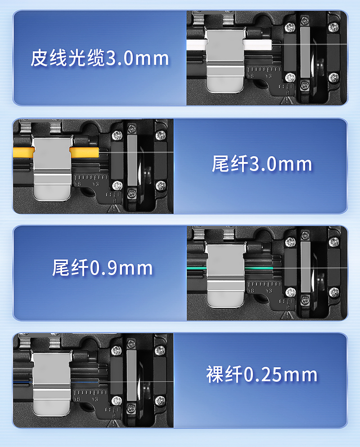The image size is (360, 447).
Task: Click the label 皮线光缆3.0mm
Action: tap(100, 58)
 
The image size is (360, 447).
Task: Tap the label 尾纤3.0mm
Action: tap(262, 164)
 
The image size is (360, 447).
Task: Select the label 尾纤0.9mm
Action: tap(102, 268)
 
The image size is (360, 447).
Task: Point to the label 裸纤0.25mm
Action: tap(261, 375)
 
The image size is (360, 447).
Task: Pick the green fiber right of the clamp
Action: tap(259, 268)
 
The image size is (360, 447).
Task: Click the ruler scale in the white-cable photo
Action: tap(264, 70)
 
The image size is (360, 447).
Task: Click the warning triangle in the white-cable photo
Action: tap(285, 101)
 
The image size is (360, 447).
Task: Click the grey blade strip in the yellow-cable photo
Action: tap(132, 160)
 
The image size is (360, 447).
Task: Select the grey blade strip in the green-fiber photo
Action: tap(306, 267)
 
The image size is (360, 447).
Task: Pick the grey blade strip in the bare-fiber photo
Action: tap(131, 375)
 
